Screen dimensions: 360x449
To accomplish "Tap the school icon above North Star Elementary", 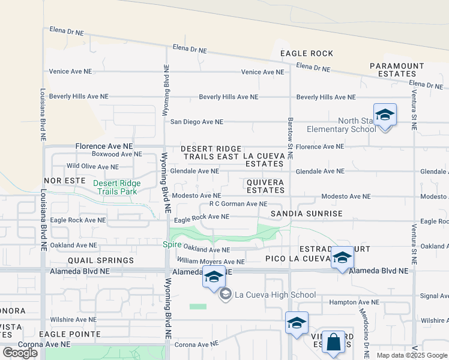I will coord(385,115).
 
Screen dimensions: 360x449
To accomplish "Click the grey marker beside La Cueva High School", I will coord(225,294).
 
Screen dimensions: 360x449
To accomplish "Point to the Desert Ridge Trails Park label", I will coord(116,187).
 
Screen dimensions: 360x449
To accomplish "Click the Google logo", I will coord(20,352).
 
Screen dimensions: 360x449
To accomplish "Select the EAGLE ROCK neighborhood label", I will coord(307,53).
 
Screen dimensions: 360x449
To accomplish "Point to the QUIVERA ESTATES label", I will coord(265,186).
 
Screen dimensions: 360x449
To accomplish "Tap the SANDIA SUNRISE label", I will coord(306,214).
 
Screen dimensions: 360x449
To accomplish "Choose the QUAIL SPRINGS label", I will coord(100,260).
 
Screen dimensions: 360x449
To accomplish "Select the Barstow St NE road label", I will coord(290,138).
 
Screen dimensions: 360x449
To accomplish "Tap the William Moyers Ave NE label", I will coord(211,262).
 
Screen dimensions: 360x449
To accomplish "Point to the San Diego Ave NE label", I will coord(196,122).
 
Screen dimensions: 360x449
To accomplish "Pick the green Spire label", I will coord(172,244).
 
